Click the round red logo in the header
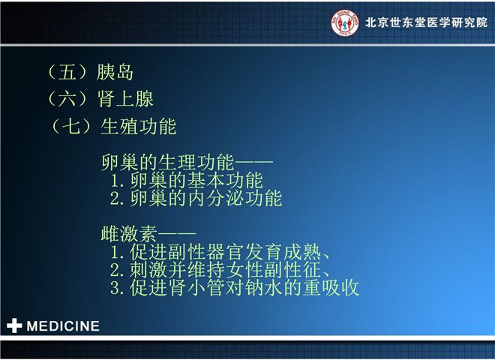point(345,22)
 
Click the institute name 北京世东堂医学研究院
point(427,22)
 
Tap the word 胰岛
point(115,72)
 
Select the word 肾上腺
point(125,99)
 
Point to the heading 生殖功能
point(139,126)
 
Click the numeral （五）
point(67,72)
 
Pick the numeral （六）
point(67,99)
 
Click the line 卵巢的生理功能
point(168,162)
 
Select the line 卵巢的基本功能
point(196,180)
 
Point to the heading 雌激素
point(129,234)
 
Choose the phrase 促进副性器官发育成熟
point(225,252)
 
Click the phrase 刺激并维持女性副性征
point(225,270)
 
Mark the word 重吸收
point(331,288)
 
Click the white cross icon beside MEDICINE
point(14,326)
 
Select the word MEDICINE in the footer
point(63,326)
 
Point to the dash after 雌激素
point(177,234)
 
